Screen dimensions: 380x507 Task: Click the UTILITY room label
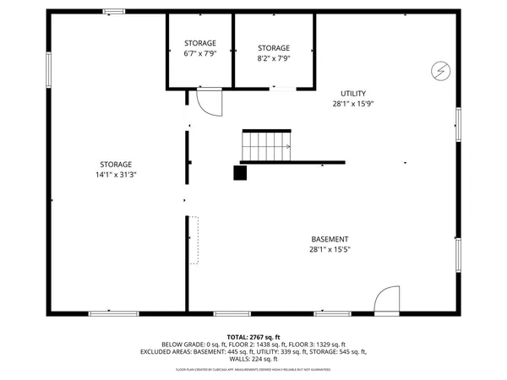354,93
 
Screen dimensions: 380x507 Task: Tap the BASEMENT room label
330,239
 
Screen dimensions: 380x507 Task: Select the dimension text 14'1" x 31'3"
116,175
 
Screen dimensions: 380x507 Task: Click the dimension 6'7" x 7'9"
200,53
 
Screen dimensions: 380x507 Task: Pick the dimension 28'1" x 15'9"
353,104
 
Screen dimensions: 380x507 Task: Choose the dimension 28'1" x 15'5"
330,249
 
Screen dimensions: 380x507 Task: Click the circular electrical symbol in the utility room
440,69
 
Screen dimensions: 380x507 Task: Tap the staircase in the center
267,145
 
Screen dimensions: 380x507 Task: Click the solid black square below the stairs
241,172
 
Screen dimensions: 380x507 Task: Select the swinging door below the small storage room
207,102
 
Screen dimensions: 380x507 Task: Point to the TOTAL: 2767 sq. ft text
253,337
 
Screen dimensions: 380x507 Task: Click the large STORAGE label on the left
116,164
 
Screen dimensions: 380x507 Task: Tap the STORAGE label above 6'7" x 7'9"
200,43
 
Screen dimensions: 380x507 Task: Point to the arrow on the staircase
286,147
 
